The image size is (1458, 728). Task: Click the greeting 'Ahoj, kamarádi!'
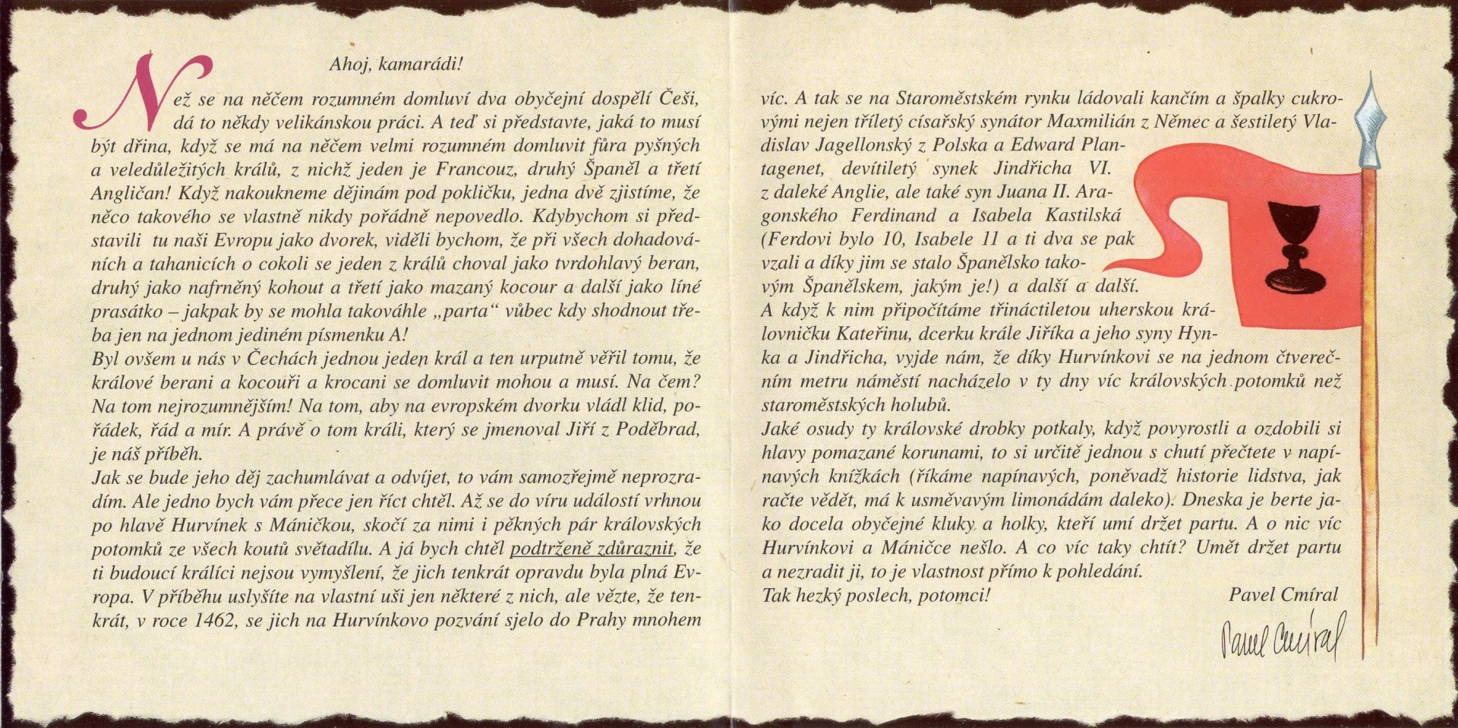(395, 65)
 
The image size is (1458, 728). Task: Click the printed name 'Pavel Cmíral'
(1283, 595)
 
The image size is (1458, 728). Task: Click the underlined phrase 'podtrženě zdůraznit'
(593, 548)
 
